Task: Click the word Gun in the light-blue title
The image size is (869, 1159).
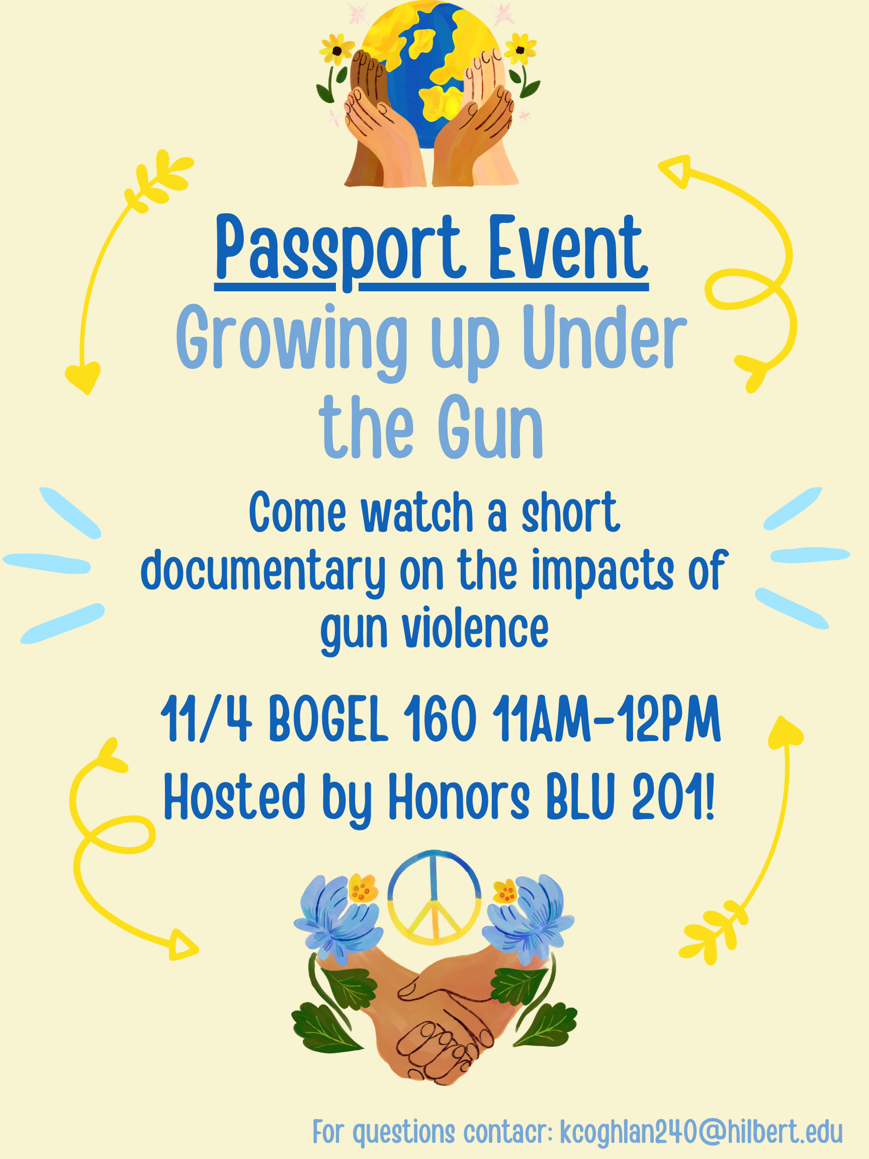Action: (x=490, y=427)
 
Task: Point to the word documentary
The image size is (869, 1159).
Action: (x=263, y=571)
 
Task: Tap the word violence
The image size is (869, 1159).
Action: (x=475, y=629)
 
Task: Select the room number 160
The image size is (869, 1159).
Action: (x=440, y=719)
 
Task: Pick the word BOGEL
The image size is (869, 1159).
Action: (x=328, y=719)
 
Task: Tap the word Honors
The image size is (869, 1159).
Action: (x=459, y=797)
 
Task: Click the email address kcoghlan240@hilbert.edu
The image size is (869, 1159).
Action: (x=701, y=1131)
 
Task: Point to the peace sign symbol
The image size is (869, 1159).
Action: (x=433, y=897)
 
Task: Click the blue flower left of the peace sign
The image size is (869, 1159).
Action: (x=338, y=915)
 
